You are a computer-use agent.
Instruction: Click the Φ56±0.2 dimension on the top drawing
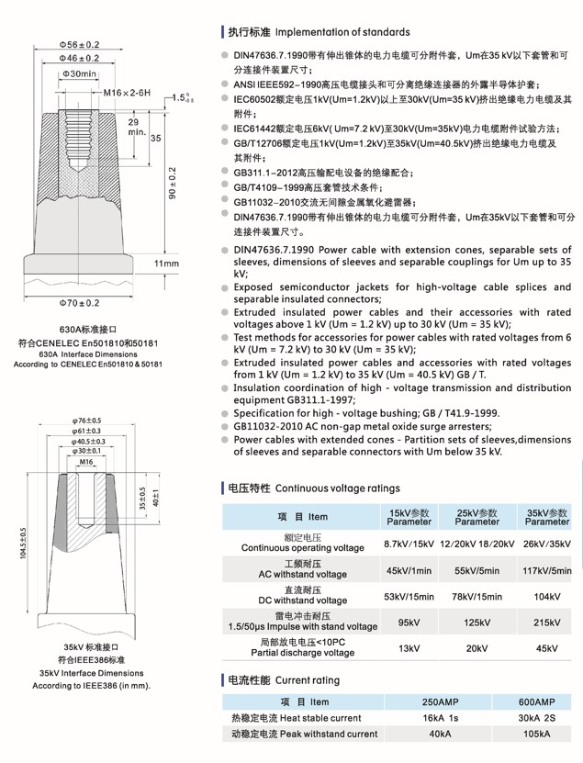pyautogui.click(x=80, y=43)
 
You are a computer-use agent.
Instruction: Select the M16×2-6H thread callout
pyautogui.click(x=127, y=94)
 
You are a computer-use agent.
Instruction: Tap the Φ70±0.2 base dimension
pyautogui.click(x=79, y=301)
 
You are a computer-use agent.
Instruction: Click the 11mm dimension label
pyautogui.click(x=166, y=264)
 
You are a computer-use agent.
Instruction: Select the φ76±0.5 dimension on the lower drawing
pyautogui.click(x=86, y=421)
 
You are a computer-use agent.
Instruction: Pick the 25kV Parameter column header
pyautogui.click(x=476, y=517)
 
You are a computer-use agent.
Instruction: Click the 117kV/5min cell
pyautogui.click(x=547, y=571)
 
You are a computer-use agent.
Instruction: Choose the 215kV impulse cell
pyautogui.click(x=546, y=623)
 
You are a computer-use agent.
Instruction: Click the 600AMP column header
pyautogui.click(x=537, y=701)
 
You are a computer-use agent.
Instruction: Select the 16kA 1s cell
pyautogui.click(x=440, y=718)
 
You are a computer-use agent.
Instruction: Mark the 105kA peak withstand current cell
pyautogui.click(x=537, y=735)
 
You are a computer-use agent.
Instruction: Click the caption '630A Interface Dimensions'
pyautogui.click(x=87, y=353)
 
